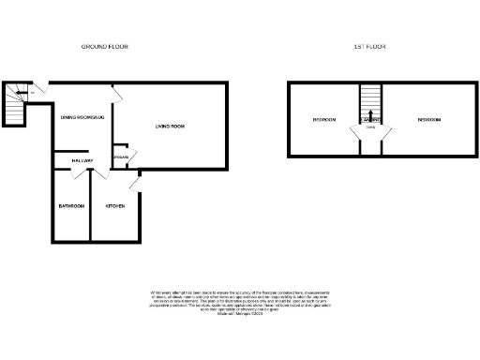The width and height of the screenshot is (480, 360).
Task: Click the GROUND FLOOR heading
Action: pyautogui.click(x=104, y=46)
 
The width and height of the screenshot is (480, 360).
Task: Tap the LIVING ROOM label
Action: pyautogui.click(x=169, y=126)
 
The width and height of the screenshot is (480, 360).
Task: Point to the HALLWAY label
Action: pyautogui.click(x=82, y=161)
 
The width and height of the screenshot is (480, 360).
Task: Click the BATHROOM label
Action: pyautogui.click(x=71, y=205)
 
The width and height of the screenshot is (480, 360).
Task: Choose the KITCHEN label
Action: pyautogui.click(x=115, y=205)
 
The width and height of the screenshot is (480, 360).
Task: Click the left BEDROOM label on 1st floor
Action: pyautogui.click(x=324, y=120)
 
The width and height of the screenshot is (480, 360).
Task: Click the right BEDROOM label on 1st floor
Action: pyautogui.click(x=429, y=120)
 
